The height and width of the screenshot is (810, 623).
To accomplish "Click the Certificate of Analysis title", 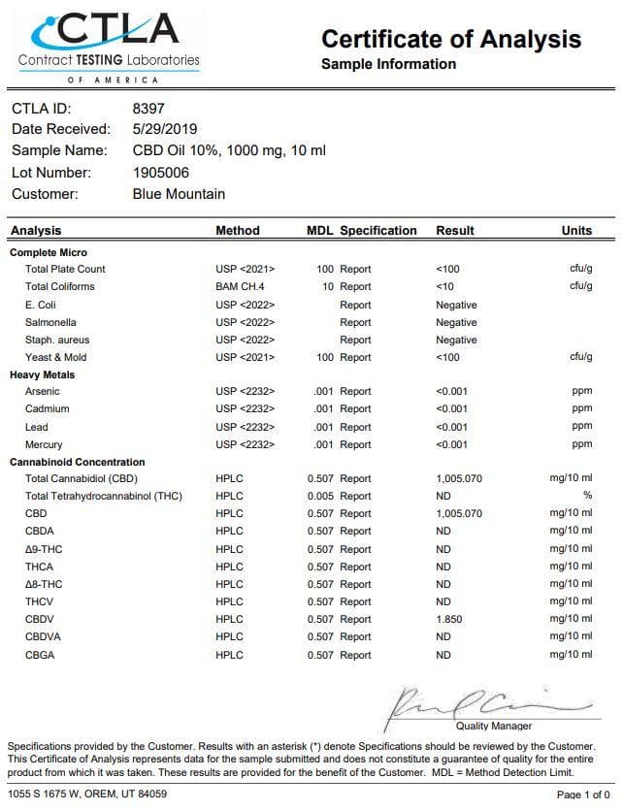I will (x=451, y=39).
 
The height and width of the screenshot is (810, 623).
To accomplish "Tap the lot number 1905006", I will (x=161, y=173).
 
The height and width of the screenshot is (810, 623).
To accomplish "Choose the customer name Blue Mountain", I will (x=179, y=194).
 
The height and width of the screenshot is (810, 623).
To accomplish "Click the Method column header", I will (x=237, y=231).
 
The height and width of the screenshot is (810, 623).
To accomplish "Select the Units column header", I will (x=576, y=231).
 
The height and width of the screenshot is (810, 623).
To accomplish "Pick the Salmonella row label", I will (x=50, y=322).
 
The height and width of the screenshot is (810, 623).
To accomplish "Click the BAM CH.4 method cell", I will (x=240, y=287).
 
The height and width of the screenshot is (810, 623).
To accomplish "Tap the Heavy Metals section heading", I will (x=43, y=374).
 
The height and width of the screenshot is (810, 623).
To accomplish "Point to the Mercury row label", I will (x=46, y=445).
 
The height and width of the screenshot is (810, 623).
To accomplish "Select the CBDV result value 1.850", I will (x=450, y=619).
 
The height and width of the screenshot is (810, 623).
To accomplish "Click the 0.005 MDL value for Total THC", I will (x=321, y=497).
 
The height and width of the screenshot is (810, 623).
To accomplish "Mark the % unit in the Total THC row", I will (x=587, y=497).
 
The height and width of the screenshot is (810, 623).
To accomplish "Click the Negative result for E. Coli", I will (x=456, y=305).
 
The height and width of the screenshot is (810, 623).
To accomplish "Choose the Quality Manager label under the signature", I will (x=493, y=726).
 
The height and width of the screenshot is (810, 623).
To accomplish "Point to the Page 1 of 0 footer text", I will (x=582, y=794).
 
